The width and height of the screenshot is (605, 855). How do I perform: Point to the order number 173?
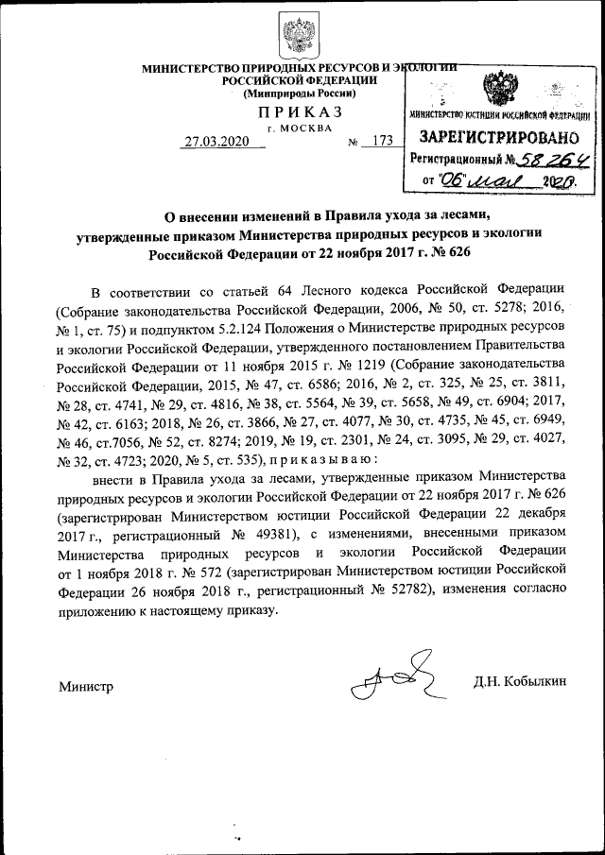(x=382, y=142)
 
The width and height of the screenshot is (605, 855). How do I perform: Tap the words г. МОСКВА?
(x=300, y=127)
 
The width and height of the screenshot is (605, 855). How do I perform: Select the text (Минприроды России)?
(x=299, y=94)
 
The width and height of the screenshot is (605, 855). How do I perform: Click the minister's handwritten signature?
(x=392, y=676)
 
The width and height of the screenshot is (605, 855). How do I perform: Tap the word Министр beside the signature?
(x=85, y=686)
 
